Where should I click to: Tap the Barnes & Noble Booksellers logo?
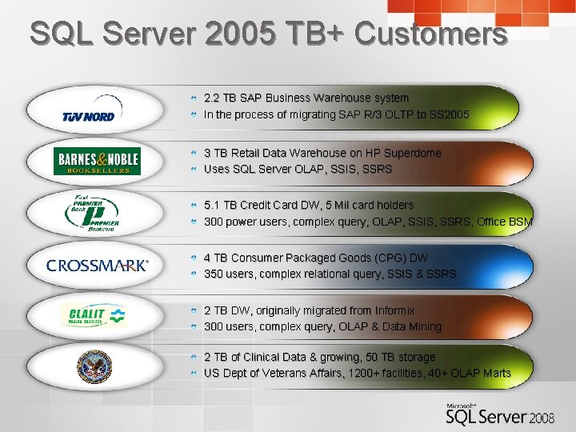point(97,161)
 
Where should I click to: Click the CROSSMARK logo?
point(97,266)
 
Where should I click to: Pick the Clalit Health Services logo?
point(94,316)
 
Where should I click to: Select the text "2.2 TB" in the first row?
point(220,98)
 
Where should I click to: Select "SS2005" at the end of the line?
point(449,114)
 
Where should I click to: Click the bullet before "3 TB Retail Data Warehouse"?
point(194,153)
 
